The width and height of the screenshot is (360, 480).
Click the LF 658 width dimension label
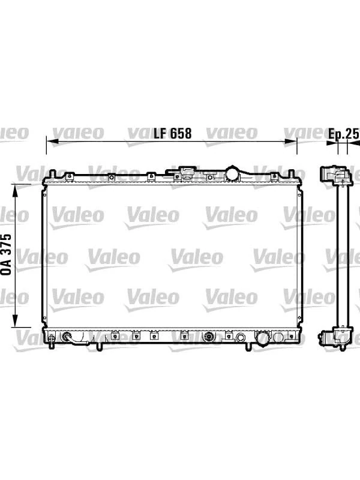172,133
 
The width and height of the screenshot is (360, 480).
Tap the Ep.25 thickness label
343,134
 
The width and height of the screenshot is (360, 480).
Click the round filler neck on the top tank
232,174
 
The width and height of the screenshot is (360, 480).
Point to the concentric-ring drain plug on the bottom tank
209,337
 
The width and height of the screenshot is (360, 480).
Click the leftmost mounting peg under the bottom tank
52,345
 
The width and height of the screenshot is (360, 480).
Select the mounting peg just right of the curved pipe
97,344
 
